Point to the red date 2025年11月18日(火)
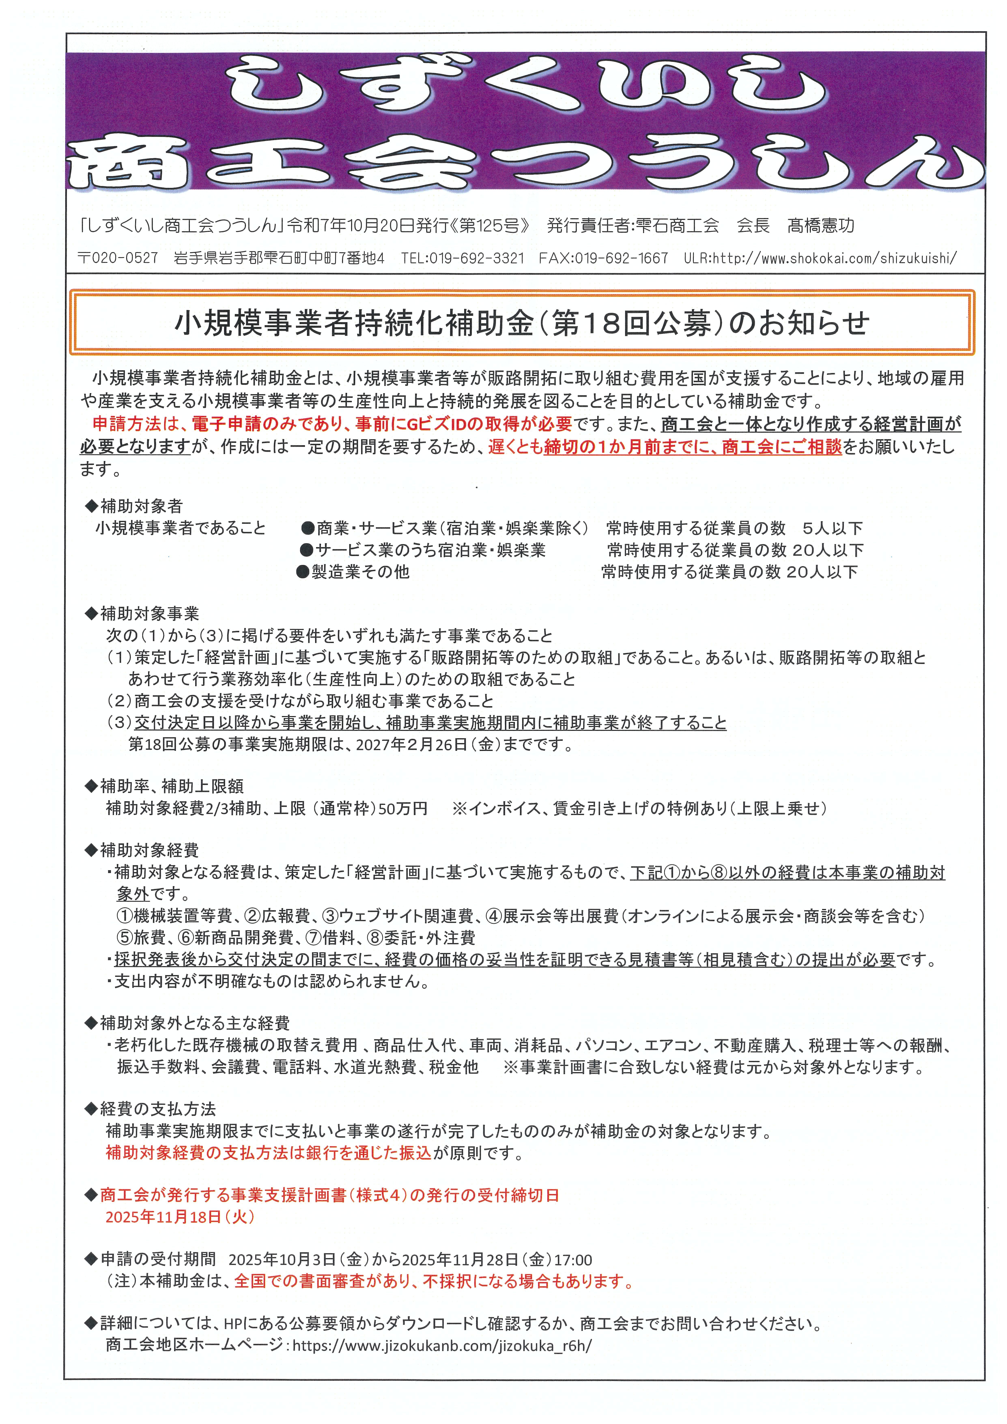pos(180,1217)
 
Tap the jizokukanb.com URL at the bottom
pos(442,1346)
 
